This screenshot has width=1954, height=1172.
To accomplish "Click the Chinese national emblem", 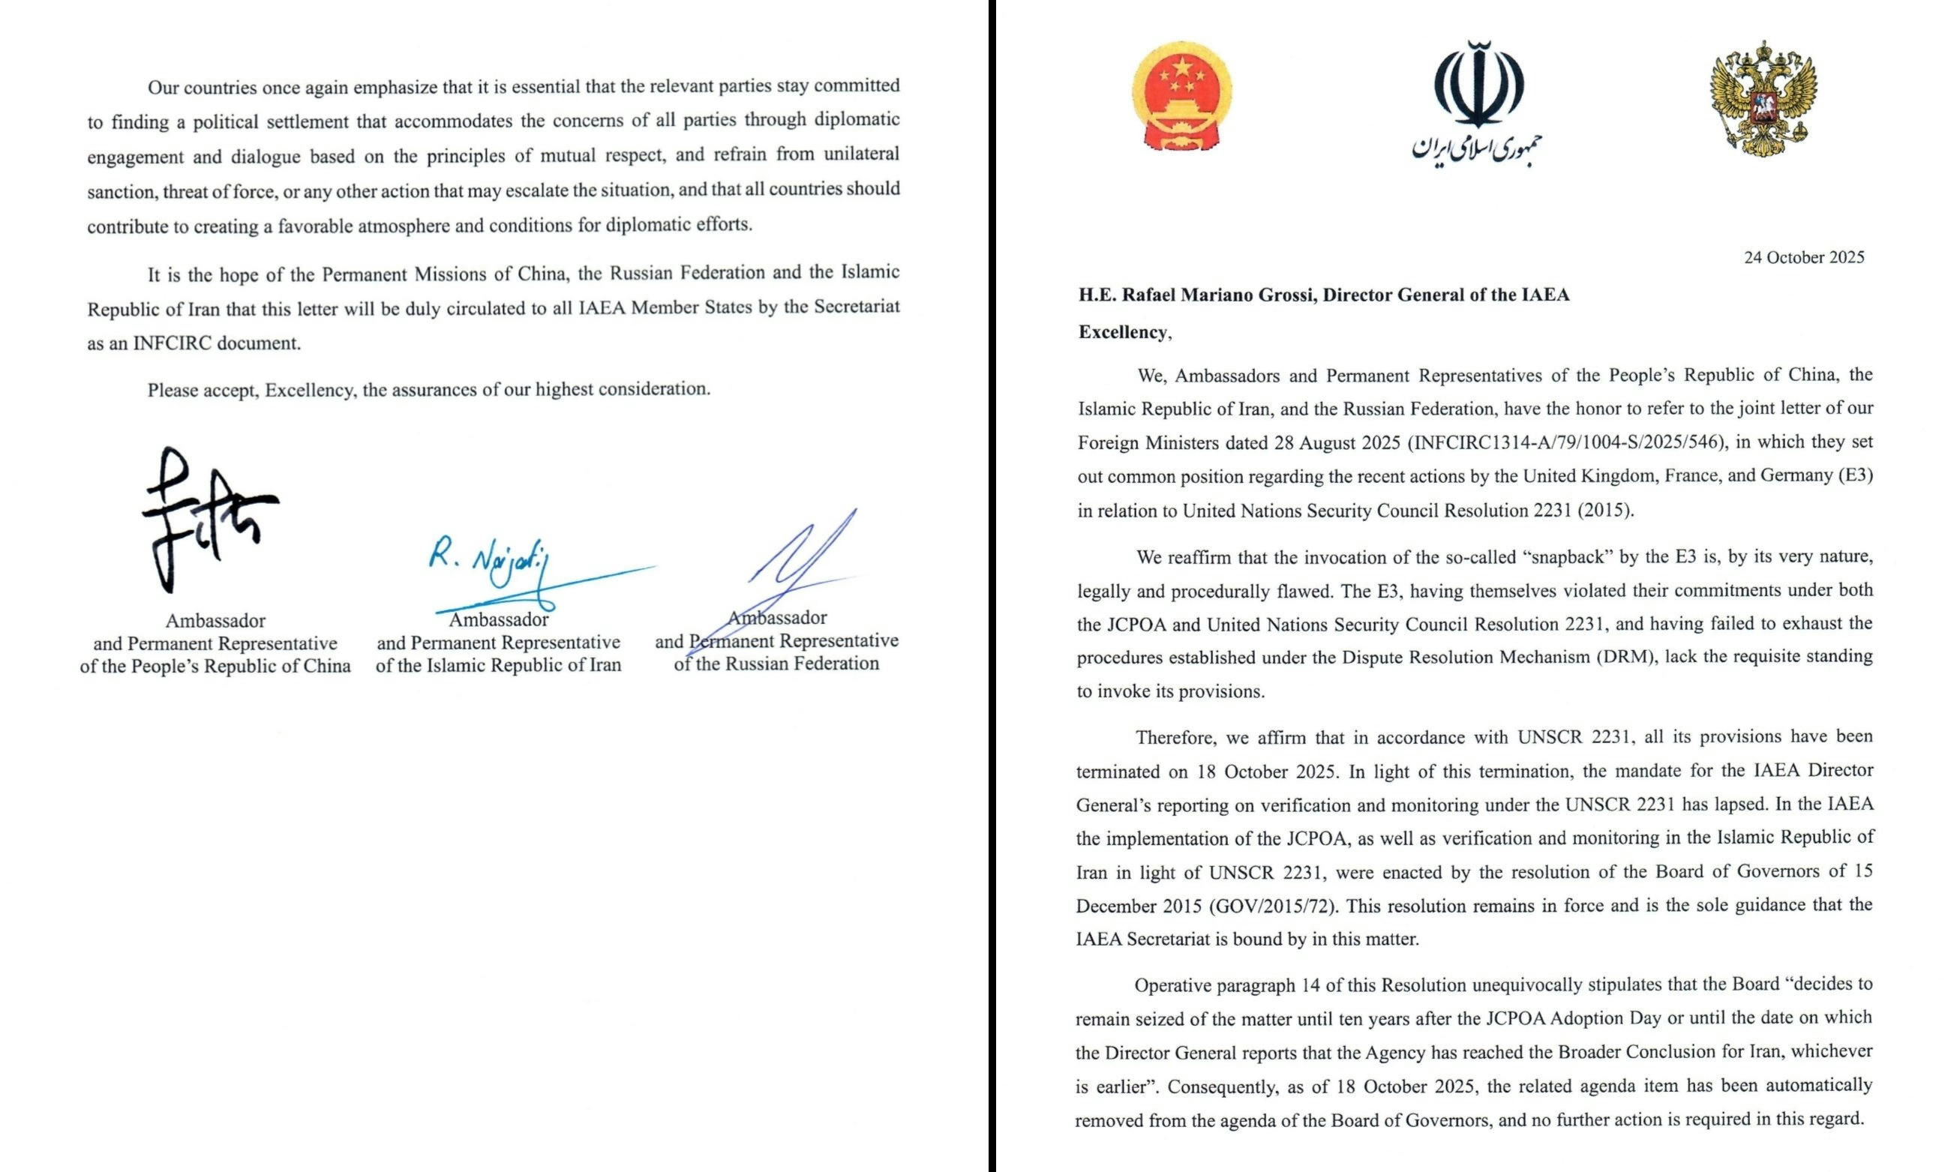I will click(1182, 103).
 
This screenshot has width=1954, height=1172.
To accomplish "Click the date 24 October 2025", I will click(1804, 257).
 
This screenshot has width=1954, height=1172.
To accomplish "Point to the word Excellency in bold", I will click(1122, 332).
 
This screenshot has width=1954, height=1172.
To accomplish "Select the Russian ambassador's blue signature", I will click(797, 561).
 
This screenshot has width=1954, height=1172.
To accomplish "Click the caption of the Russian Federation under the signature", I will click(776, 664).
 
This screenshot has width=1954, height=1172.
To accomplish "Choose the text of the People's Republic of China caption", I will click(215, 666).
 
